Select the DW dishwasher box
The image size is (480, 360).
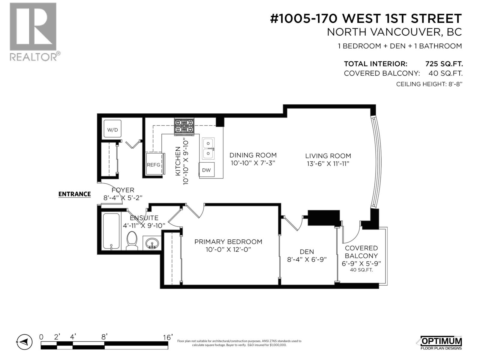pos(206,170)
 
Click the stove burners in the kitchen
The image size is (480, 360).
pos(184,126)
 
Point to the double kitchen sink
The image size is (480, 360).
pos(208,148)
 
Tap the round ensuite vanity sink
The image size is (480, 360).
pos(152,243)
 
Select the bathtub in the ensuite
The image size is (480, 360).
pos(111,231)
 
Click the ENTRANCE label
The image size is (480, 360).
pos(74,194)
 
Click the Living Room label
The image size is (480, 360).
pos(328,156)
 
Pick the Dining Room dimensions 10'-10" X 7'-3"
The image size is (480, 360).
pos(253,163)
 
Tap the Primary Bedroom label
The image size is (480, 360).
pos(228,242)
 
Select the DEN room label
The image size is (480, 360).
pos(307,252)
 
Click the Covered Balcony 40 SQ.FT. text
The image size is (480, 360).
pos(361,270)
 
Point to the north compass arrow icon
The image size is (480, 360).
pos(24,342)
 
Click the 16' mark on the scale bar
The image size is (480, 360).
pos(167,337)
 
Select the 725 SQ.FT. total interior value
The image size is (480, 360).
pos(444,64)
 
